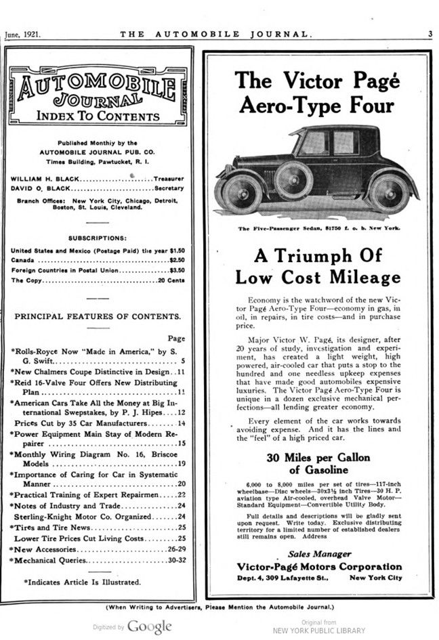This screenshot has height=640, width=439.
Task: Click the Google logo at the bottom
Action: (x=149, y=626)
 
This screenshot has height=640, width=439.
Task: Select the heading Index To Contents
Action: (x=98, y=116)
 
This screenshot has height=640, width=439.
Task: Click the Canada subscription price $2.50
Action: (x=176, y=259)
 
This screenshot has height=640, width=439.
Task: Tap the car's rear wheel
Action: (x=389, y=192)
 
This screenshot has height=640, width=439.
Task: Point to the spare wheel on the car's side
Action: (x=293, y=179)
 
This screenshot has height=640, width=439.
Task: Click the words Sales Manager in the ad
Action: (x=318, y=553)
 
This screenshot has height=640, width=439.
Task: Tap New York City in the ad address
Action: (x=375, y=578)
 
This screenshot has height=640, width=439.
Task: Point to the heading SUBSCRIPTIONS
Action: (x=97, y=238)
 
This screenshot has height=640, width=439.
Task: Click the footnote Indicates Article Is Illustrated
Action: (x=83, y=581)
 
